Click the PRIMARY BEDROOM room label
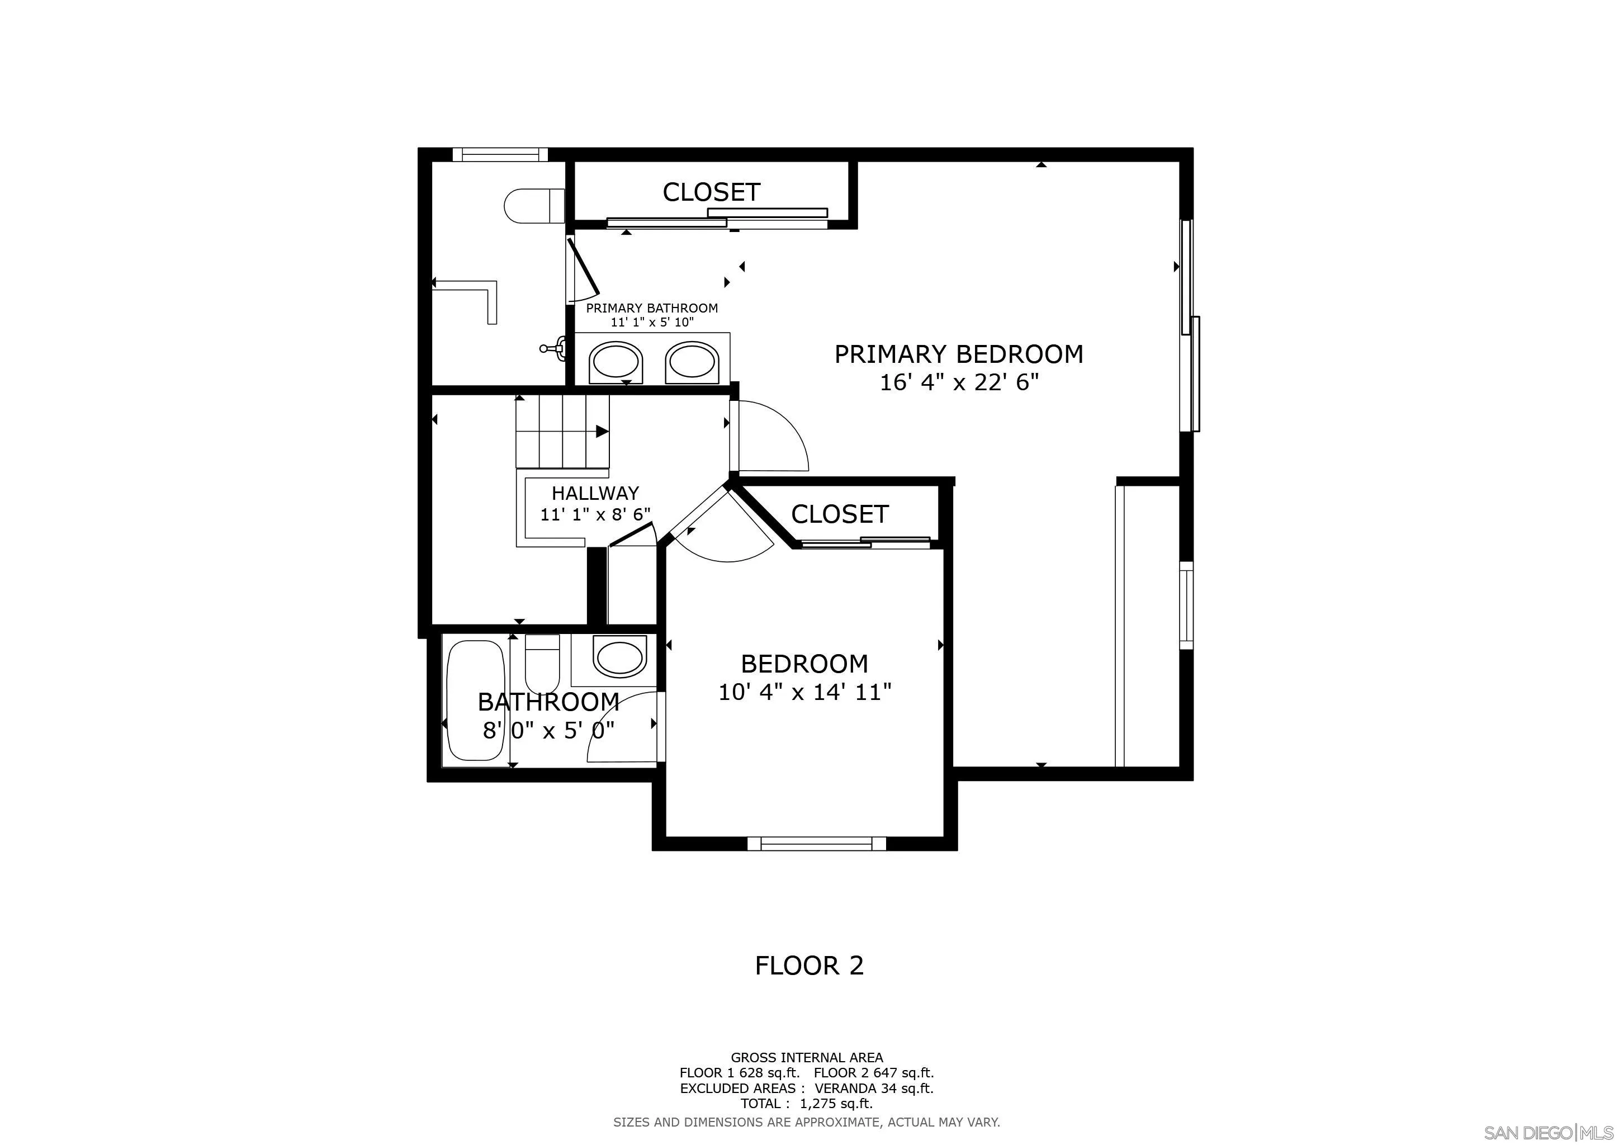click(x=959, y=354)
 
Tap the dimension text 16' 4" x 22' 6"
click(x=959, y=383)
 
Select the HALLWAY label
click(x=595, y=493)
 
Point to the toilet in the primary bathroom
click(x=534, y=206)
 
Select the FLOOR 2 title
click(x=809, y=965)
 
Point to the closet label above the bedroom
click(x=839, y=514)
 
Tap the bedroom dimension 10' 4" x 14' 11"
click(x=804, y=692)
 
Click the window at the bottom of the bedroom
click(x=817, y=843)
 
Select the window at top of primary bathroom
click(x=500, y=154)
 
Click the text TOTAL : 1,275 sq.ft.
click(x=807, y=1104)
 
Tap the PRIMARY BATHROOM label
click(x=652, y=308)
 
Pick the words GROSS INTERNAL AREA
click(x=807, y=1058)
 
